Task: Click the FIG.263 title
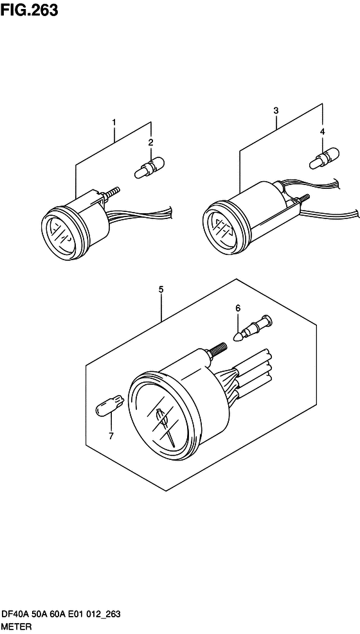click(29, 10)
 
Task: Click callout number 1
click(114, 121)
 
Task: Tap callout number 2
click(150, 142)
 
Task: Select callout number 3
click(276, 110)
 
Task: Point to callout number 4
click(322, 131)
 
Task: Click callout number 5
click(161, 289)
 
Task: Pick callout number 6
click(238, 308)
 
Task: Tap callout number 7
click(111, 436)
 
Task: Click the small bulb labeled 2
click(150, 168)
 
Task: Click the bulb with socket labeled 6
click(254, 327)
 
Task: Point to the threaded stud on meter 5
click(217, 349)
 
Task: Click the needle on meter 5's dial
click(165, 425)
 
